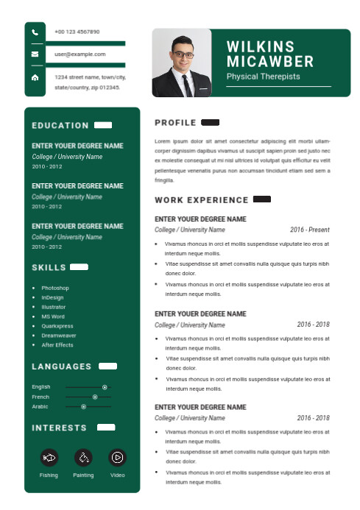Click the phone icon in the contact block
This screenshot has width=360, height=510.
coord(35,32)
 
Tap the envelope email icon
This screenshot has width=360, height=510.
coord(35,54)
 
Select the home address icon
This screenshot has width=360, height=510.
coord(35,77)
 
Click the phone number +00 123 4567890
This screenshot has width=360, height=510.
coord(77,32)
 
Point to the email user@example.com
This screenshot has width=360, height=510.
coord(80,54)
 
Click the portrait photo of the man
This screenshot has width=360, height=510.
coord(181,63)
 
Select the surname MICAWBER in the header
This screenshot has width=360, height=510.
coord(270,62)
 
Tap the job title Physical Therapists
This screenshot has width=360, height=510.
coord(263,77)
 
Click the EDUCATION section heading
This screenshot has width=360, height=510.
coord(60,126)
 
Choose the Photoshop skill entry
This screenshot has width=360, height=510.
coord(55,288)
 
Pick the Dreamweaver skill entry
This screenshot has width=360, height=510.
coord(59,336)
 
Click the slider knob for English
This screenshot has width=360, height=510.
coord(105,387)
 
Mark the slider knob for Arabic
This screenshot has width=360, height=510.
coord(83,406)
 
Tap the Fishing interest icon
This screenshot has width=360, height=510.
coord(49,457)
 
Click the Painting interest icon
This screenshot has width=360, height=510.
coord(83,457)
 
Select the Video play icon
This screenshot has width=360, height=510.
coord(117,457)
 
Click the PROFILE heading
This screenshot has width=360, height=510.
coord(175,123)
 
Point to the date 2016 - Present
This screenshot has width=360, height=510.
coord(309,230)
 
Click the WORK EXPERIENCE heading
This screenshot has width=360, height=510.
coord(202,200)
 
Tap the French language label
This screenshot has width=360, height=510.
coord(40,397)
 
